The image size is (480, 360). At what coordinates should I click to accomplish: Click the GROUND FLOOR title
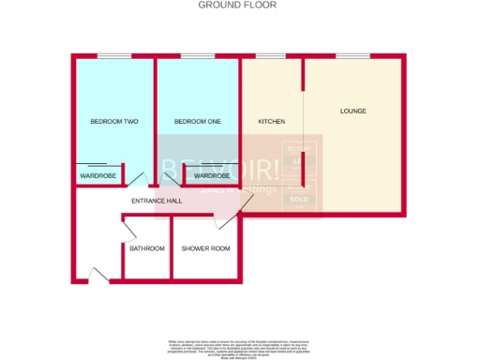(237, 5)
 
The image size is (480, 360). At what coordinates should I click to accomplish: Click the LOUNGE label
(352, 112)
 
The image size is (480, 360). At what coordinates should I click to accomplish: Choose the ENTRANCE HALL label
(156, 201)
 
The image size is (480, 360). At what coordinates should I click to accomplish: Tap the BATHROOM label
(147, 248)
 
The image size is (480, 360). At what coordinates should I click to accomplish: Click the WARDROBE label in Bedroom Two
(97, 175)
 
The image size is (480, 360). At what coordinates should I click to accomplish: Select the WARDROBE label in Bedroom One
(212, 175)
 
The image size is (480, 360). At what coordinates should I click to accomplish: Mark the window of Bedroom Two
(113, 56)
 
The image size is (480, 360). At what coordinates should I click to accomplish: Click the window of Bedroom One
(198, 56)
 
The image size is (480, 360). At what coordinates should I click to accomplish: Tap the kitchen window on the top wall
(271, 56)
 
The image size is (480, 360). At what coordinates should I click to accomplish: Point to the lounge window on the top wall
(352, 56)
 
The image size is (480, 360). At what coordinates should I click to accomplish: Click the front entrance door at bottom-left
(98, 274)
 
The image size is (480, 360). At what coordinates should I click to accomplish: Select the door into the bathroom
(130, 228)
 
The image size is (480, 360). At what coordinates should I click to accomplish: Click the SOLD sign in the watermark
(300, 200)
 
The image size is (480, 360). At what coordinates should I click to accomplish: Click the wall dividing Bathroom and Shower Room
(171, 248)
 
